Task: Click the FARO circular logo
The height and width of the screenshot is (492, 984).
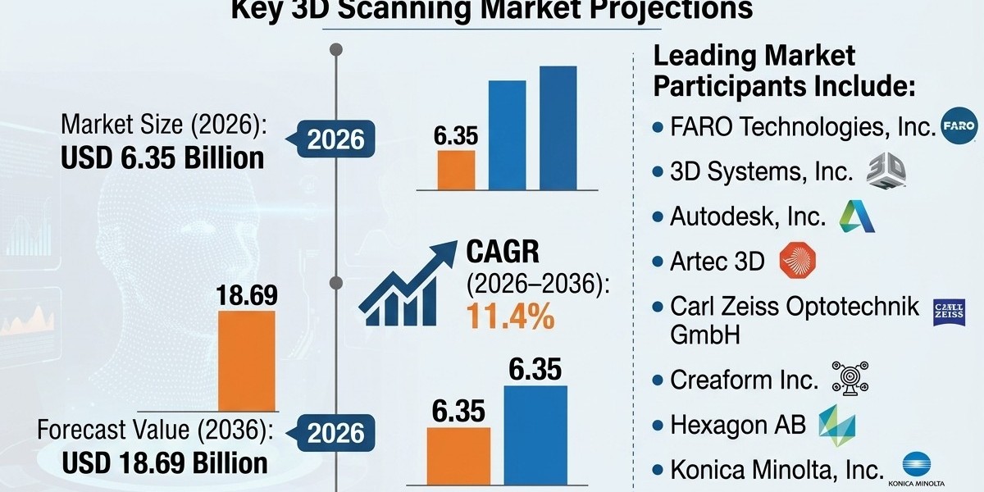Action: point(959,125)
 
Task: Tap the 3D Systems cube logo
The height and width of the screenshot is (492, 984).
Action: point(886,171)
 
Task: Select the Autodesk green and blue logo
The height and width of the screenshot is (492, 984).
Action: point(857,216)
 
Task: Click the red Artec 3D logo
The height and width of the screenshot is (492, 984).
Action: point(797,260)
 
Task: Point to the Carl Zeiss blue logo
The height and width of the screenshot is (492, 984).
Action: point(949,312)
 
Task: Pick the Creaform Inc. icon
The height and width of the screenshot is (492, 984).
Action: point(850,378)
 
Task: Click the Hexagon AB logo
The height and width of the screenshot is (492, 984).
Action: point(837,426)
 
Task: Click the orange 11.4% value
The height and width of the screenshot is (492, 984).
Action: point(510,317)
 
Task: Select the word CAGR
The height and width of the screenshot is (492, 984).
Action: point(502,252)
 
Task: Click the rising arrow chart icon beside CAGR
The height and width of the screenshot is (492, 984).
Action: point(408,283)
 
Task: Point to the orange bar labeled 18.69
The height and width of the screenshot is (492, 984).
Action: point(247,361)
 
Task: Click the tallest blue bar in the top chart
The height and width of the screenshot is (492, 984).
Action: point(558,128)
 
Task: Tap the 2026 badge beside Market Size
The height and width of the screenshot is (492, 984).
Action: point(335,139)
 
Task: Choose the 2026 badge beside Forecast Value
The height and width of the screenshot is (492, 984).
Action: point(335,433)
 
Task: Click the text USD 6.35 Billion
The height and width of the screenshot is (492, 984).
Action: point(162,158)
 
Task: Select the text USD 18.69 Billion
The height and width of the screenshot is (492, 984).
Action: point(165,463)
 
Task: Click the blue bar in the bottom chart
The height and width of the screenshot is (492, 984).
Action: point(535,435)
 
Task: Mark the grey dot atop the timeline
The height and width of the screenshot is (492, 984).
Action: point(336,50)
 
